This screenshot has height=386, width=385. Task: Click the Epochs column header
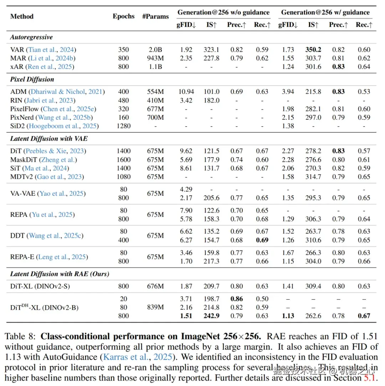click(124, 16)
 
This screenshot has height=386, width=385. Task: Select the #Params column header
click(155, 16)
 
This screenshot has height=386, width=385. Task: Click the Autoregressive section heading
click(31, 37)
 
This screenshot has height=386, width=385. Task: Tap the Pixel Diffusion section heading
click(32, 79)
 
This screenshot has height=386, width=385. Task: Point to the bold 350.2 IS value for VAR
click(313, 50)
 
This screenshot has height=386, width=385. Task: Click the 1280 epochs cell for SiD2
click(124, 126)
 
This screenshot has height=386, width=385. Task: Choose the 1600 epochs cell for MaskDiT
click(124, 160)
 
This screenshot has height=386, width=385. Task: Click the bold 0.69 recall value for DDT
click(262, 240)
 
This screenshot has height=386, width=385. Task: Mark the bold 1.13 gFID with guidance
click(287, 316)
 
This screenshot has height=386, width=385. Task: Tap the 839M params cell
click(155, 307)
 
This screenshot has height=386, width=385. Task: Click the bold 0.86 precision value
click(237, 299)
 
